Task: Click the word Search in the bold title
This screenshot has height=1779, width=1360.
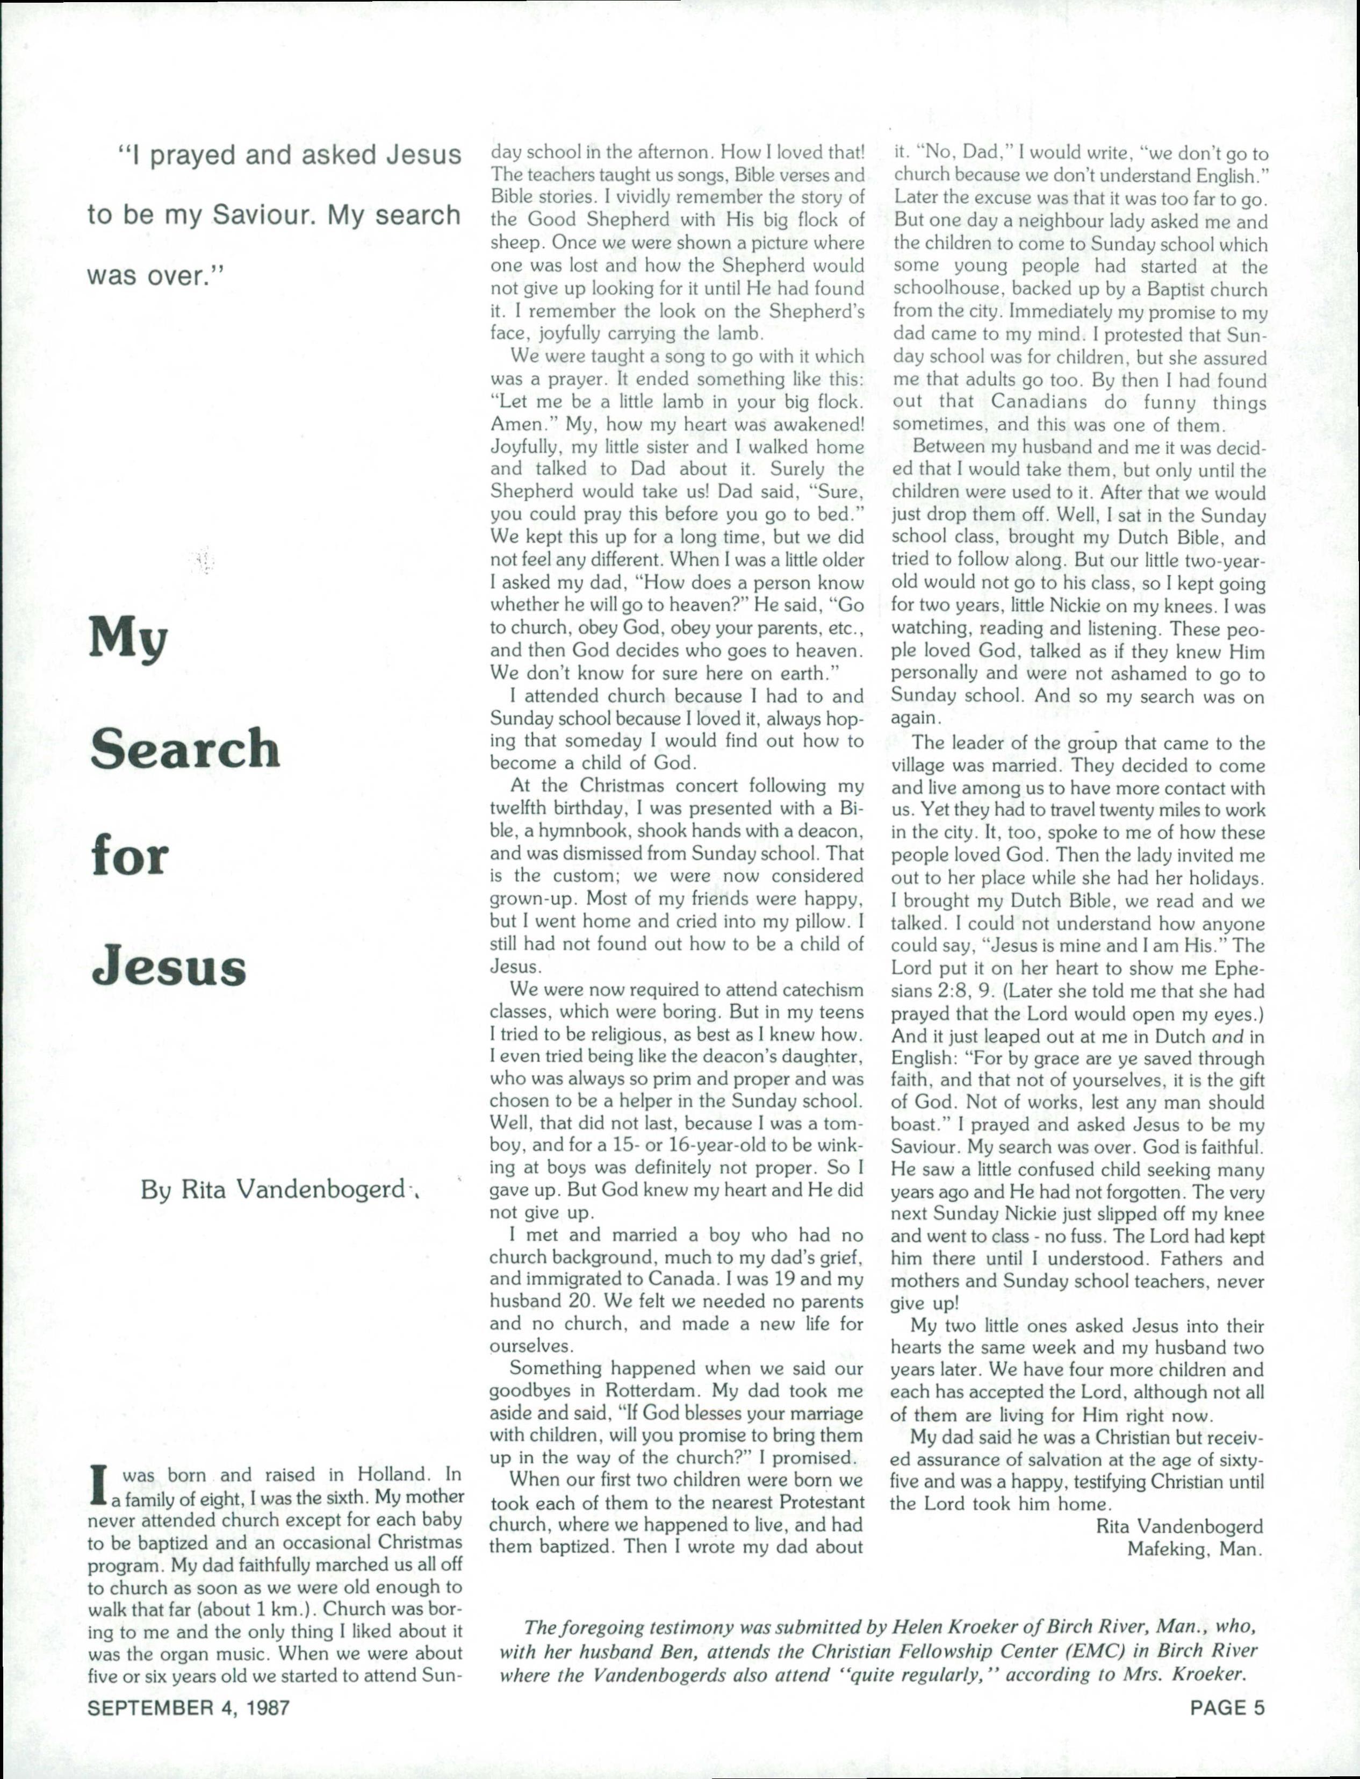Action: coord(184,748)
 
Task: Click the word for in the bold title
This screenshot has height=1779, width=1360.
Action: coord(129,857)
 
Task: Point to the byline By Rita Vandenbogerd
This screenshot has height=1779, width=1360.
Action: coord(274,1190)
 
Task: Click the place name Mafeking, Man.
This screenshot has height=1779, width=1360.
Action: coord(1195,1550)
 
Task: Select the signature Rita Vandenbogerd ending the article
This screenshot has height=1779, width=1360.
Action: coord(1179,1527)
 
